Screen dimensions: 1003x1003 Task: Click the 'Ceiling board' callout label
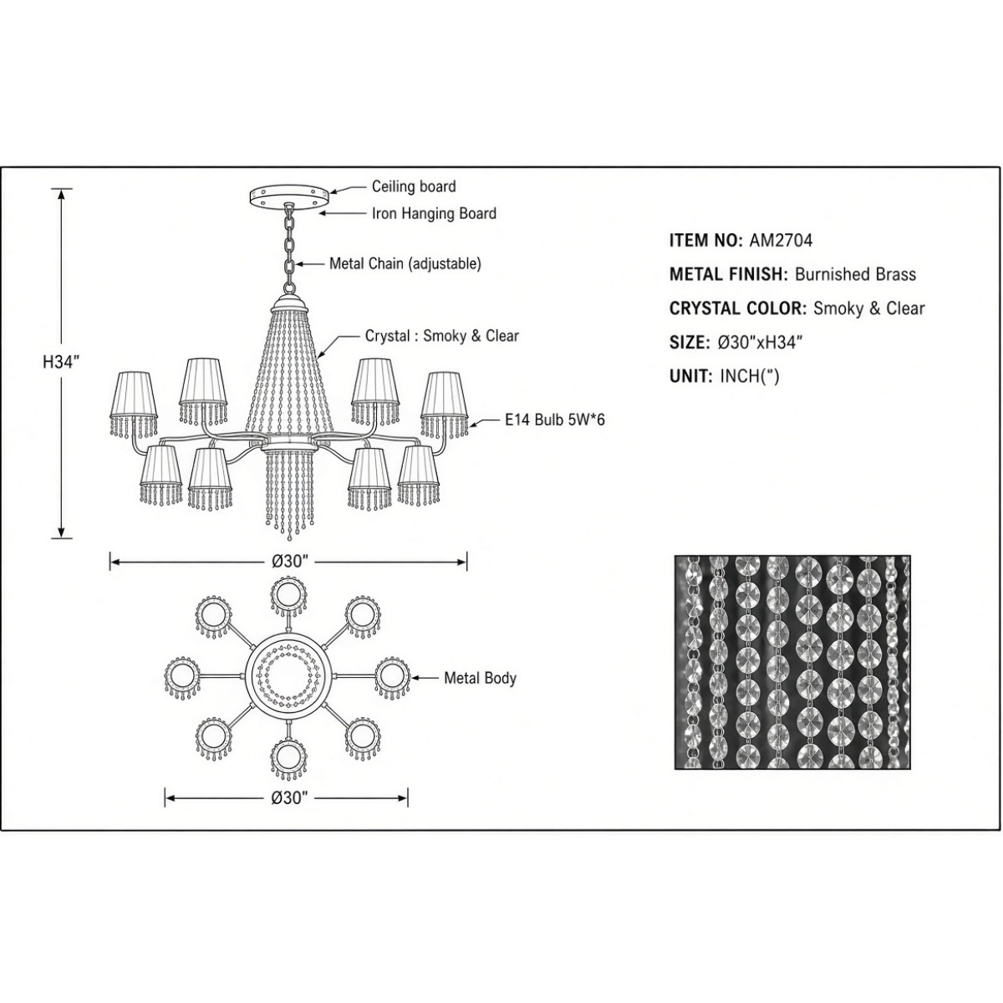pos(414,186)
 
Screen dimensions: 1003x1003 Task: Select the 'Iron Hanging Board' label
pos(434,213)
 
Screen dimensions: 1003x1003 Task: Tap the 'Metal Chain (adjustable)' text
pos(405,264)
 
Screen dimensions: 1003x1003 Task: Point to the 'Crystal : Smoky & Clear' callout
pos(442,336)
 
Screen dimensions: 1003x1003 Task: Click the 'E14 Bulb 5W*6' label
pos(555,420)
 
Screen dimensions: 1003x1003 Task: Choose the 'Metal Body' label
pos(480,678)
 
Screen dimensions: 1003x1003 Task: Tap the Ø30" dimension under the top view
pos(288,797)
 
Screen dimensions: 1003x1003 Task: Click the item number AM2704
pos(781,240)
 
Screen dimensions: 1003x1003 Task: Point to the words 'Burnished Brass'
pos(855,274)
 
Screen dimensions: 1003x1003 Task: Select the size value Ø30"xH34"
pos(761,343)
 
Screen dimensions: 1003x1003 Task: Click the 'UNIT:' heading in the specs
pos(690,376)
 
